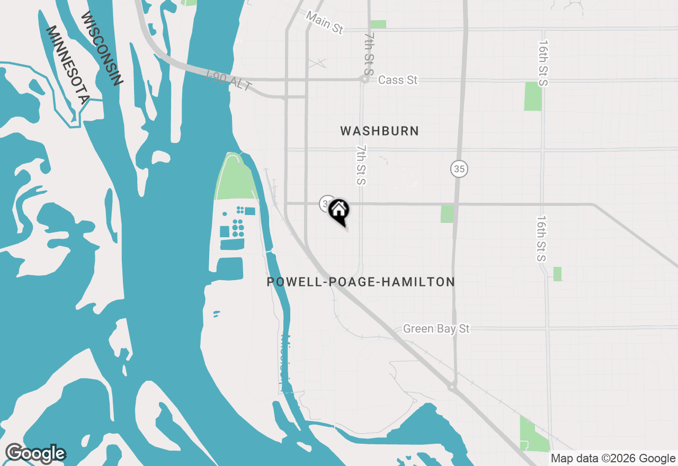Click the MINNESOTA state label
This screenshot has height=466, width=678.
[68, 65]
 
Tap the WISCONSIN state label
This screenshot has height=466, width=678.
[102, 48]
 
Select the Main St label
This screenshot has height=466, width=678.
[324, 23]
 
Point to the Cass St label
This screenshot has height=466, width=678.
[398, 80]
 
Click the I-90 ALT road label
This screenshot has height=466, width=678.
[228, 80]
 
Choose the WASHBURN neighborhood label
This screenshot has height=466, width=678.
[379, 131]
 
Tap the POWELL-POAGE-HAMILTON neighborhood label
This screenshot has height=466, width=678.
[361, 282]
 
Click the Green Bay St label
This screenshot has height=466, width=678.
[436, 329]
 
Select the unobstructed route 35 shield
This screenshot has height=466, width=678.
[459, 169]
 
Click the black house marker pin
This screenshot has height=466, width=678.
[339, 211]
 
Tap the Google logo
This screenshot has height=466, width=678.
[35, 453]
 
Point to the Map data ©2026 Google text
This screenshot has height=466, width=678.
[612, 458]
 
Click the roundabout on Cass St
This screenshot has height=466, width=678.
[364, 80]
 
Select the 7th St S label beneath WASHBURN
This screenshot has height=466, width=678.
[361, 165]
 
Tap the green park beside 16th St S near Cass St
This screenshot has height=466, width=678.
[533, 96]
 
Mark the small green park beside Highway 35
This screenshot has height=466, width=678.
[447, 213]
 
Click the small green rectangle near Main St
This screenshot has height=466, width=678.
[378, 24]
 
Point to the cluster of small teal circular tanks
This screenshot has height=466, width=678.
[238, 228]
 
